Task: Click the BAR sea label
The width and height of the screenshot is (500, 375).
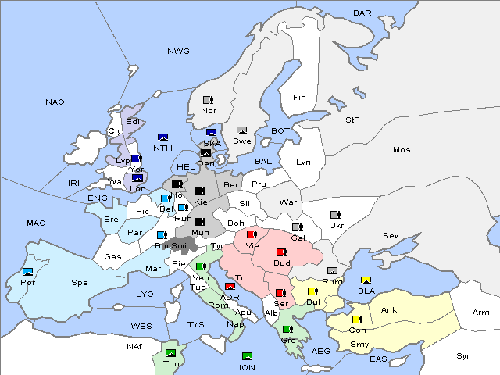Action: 362,13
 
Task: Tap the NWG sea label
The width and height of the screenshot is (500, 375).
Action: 178,52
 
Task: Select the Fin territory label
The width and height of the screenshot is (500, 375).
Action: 299,98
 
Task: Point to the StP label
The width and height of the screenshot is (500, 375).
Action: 352,120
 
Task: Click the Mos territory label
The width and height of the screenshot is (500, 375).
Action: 402,149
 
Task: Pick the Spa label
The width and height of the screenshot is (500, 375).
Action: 80,283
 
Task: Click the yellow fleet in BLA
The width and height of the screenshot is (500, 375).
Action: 366,280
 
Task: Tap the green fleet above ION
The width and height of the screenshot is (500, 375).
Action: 248,356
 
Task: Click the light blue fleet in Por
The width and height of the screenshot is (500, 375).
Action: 28,272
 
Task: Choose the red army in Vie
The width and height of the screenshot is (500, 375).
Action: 251,234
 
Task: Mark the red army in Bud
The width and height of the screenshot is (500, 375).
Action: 281,252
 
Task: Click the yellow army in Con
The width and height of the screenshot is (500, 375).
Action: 357,320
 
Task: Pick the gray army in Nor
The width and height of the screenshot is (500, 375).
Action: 208,100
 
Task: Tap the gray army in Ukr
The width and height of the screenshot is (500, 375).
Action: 335,215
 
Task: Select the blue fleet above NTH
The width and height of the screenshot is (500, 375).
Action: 162,137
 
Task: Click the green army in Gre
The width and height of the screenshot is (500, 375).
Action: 287,329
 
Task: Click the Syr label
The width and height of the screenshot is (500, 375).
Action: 464,355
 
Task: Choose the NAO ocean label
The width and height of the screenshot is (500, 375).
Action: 55,102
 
